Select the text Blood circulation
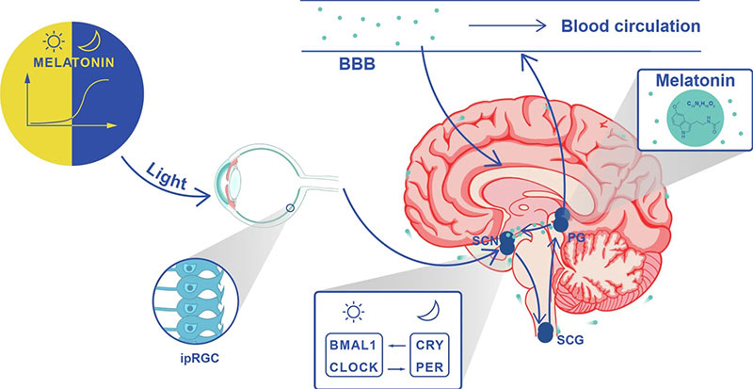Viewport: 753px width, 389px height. [x=631, y=26]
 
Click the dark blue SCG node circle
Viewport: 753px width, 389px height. [x=546, y=332]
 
